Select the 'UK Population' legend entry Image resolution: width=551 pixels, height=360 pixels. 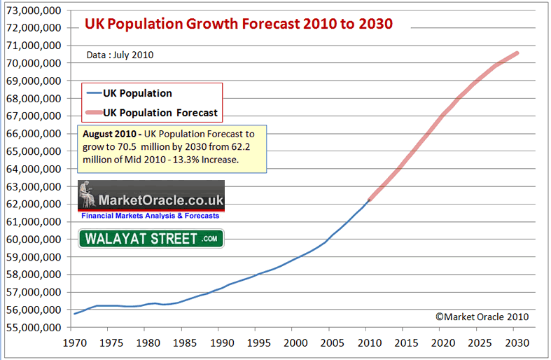click(137, 92)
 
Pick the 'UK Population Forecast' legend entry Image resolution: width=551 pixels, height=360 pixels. click(160, 112)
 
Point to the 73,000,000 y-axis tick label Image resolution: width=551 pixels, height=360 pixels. click(33, 11)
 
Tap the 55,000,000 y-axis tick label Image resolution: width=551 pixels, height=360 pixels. click(33, 328)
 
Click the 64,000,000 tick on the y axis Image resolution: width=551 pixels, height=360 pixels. click(33, 169)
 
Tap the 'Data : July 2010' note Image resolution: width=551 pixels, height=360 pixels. click(120, 55)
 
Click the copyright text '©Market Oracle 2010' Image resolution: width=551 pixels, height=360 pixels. click(482, 317)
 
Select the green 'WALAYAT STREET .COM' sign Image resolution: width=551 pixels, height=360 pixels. click(151, 239)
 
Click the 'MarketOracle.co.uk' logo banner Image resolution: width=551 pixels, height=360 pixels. click(151, 195)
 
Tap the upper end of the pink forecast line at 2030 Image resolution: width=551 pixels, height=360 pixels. click(517, 53)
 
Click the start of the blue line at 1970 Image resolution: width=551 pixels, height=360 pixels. click(74, 313)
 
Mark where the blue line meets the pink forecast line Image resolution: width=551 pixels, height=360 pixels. click(369, 200)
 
